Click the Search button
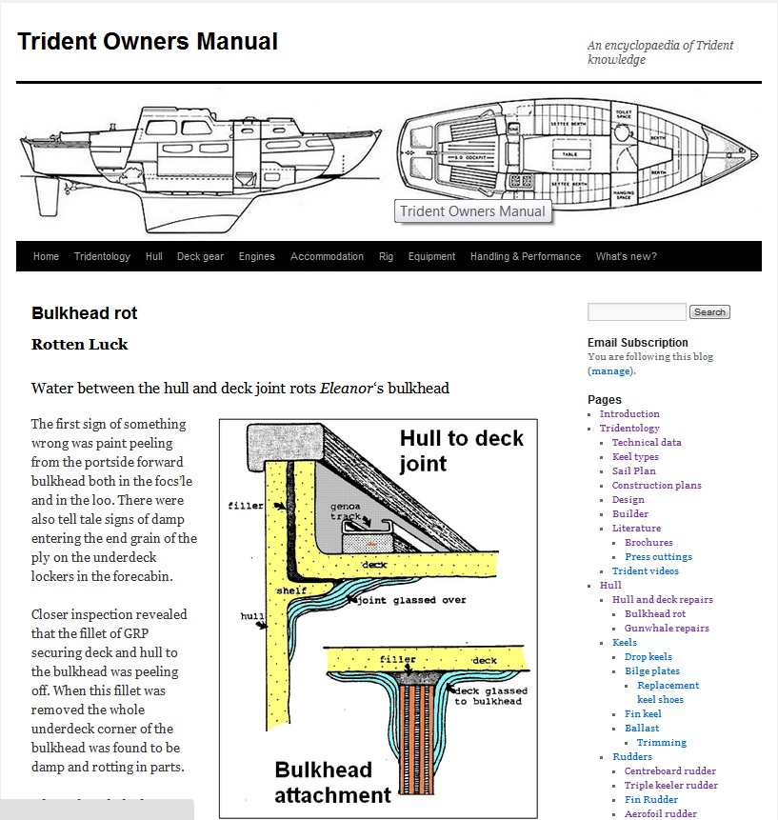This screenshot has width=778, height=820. (x=709, y=312)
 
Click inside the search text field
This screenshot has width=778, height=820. (x=636, y=312)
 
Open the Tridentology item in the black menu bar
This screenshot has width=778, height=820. (x=102, y=256)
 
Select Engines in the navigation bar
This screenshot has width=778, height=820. (x=256, y=256)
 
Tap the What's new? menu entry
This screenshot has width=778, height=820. (x=626, y=256)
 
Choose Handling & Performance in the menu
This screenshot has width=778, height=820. (x=525, y=256)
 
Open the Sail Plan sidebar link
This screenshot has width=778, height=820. (x=633, y=470)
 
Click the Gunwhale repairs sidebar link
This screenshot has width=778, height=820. (x=667, y=628)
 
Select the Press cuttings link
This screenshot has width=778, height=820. (x=658, y=556)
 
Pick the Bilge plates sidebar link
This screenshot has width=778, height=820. (x=652, y=670)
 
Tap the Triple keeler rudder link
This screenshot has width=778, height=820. (x=670, y=785)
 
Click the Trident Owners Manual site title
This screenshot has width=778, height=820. (x=148, y=42)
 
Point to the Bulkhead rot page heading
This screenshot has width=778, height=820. (x=85, y=313)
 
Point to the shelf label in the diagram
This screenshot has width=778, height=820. (x=291, y=590)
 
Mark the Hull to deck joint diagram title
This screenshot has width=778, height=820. (x=460, y=451)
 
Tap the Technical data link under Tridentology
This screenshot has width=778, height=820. (x=647, y=442)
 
